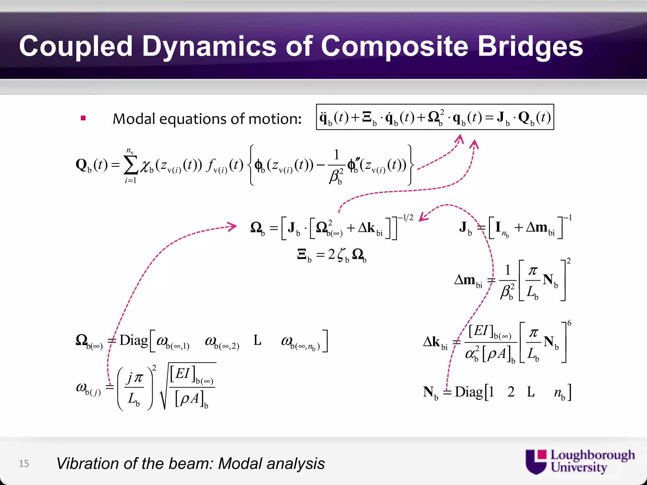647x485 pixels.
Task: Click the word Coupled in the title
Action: (x=76, y=46)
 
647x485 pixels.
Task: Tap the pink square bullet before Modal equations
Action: (x=83, y=118)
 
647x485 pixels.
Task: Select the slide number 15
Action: (x=24, y=464)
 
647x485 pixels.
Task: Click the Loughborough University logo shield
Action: (x=536, y=462)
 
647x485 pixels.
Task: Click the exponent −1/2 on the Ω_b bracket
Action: (x=405, y=218)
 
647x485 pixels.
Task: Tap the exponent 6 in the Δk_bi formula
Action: (x=569, y=323)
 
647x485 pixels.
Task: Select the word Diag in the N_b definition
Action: (x=469, y=392)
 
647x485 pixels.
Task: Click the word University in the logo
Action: (x=579, y=467)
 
